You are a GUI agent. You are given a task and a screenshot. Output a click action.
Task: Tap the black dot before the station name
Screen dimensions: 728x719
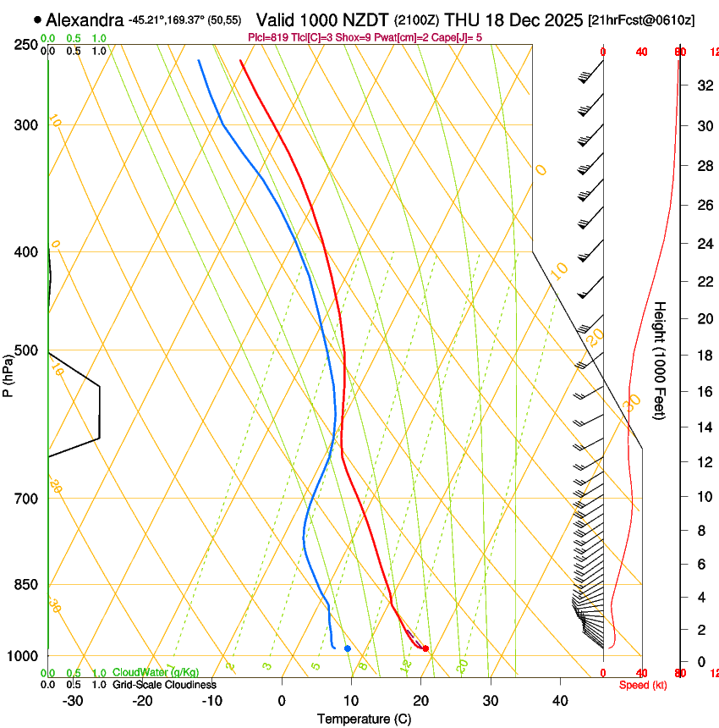click(x=38, y=19)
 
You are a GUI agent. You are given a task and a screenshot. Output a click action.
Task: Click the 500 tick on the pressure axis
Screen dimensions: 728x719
click(x=25, y=350)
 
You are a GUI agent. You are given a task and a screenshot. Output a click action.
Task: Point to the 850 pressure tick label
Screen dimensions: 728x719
click(x=25, y=585)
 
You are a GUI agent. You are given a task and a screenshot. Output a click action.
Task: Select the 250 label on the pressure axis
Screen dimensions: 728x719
click(x=25, y=45)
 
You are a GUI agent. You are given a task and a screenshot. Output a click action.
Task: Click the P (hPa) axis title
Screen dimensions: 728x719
click(x=9, y=372)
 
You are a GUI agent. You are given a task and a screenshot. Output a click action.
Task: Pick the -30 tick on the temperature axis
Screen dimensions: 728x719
click(x=73, y=701)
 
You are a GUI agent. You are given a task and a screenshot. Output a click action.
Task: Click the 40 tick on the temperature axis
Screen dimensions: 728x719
click(x=560, y=701)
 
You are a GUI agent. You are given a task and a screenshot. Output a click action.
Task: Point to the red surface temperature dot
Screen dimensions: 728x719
click(x=425, y=648)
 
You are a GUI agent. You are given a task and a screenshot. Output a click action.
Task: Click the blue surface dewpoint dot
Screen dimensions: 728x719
click(x=348, y=648)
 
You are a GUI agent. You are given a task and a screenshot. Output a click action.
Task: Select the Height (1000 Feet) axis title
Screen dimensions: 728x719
click(x=661, y=361)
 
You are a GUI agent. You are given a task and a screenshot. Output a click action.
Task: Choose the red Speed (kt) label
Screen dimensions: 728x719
click(x=642, y=685)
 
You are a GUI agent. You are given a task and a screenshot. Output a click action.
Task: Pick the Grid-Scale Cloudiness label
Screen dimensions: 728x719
click(x=164, y=685)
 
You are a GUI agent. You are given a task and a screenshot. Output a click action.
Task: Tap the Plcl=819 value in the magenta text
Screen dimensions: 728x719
click(x=268, y=37)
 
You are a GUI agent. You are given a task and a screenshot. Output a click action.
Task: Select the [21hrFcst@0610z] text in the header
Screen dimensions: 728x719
click(x=640, y=19)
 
